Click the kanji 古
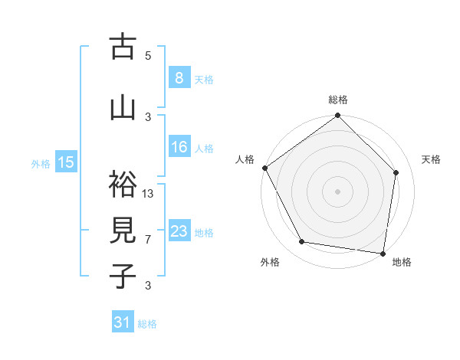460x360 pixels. click(x=123, y=47)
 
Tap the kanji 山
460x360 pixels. click(x=123, y=107)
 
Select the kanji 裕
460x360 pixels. click(x=123, y=185)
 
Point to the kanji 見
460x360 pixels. click(x=123, y=231)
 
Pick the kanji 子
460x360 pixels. click(x=123, y=277)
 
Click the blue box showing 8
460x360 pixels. click(x=179, y=77)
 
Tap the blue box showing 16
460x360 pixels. click(x=179, y=147)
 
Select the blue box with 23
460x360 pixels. click(x=179, y=231)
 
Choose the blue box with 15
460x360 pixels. click(x=66, y=162)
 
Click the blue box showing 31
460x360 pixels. click(x=123, y=322)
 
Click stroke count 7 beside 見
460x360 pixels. click(x=149, y=239)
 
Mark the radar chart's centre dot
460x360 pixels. click(x=337, y=191)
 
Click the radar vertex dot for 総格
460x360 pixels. click(x=337, y=116)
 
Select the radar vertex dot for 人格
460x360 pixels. click(x=264, y=168)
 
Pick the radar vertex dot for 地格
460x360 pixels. click(x=383, y=253)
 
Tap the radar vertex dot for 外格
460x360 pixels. click(x=302, y=242)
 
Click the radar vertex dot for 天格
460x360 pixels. click(x=396, y=172)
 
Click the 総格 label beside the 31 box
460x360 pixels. click(x=147, y=324)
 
